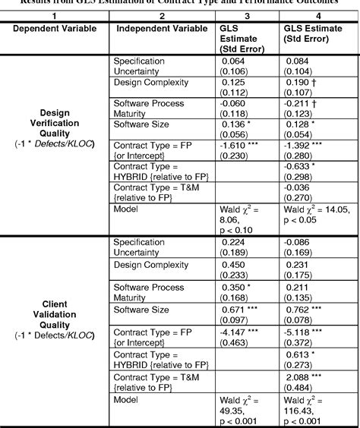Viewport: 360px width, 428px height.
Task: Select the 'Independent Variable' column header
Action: pyautogui.click(x=160, y=28)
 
